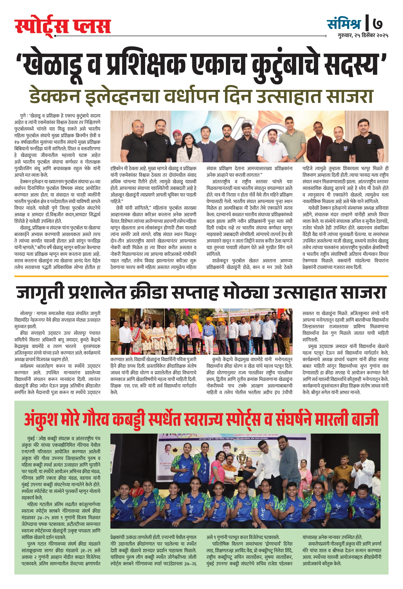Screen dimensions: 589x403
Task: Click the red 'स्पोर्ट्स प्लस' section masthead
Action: click(x=63, y=26)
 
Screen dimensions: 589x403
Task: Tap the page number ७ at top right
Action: click(x=378, y=24)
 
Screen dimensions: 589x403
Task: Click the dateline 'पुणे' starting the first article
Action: click(x=23, y=116)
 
